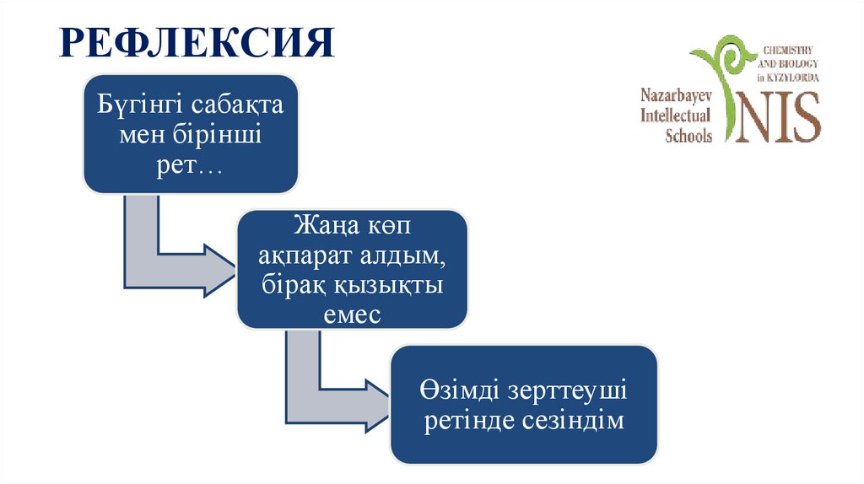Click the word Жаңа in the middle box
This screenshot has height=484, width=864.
pyautogui.click(x=321, y=228)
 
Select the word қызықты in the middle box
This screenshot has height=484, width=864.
pyautogui.click(x=395, y=285)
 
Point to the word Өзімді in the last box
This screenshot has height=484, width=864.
pyautogui.click(x=456, y=392)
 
